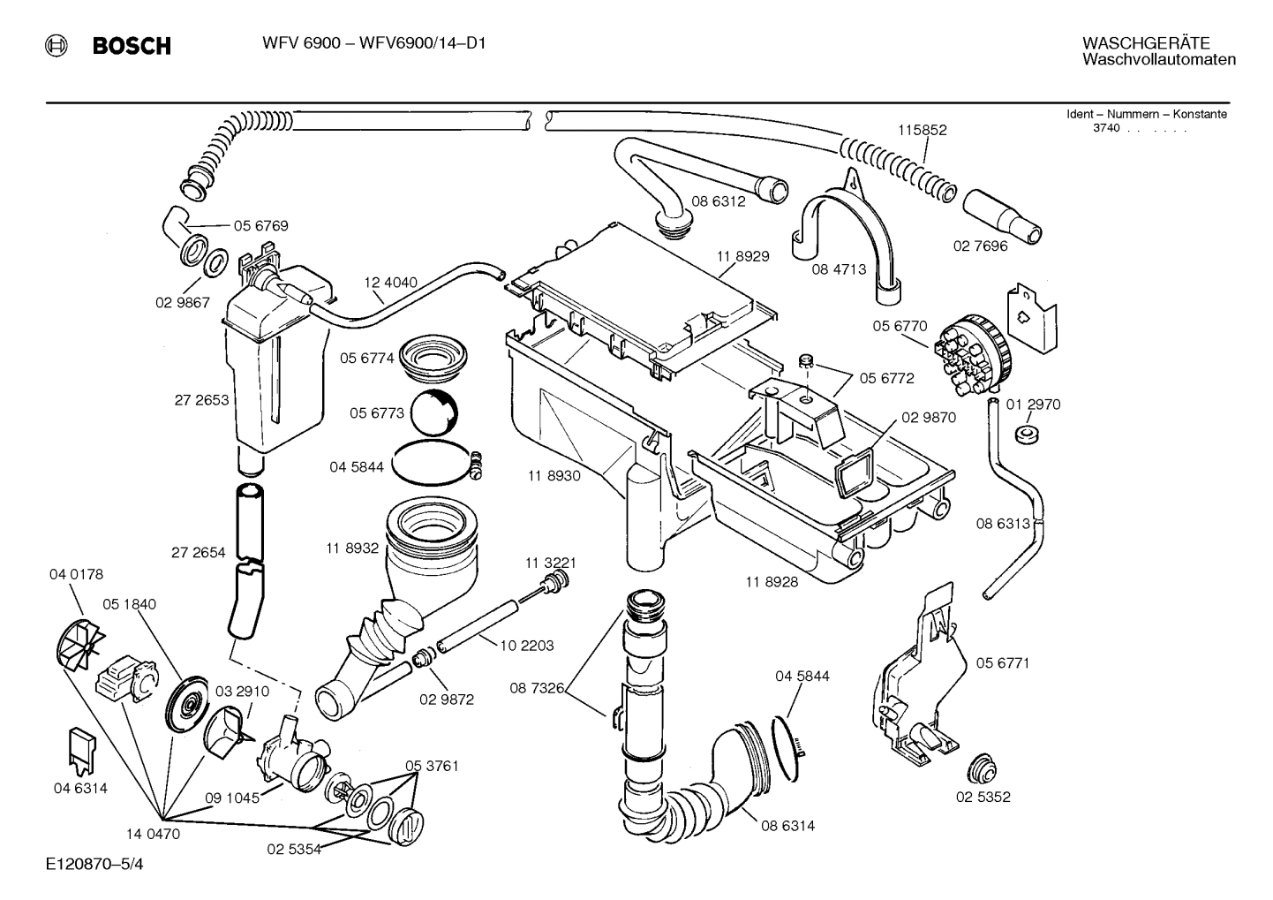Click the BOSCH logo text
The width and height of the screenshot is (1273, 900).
(x=132, y=46)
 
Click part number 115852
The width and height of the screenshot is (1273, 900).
(x=922, y=130)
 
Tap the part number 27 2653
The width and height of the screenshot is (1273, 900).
(x=201, y=400)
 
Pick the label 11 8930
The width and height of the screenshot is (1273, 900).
(x=554, y=476)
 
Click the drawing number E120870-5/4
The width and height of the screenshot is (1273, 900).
(x=94, y=864)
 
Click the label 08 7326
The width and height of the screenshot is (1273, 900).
(x=537, y=687)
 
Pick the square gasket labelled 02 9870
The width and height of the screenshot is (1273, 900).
(x=853, y=472)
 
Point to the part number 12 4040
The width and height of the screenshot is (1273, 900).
(x=390, y=283)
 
